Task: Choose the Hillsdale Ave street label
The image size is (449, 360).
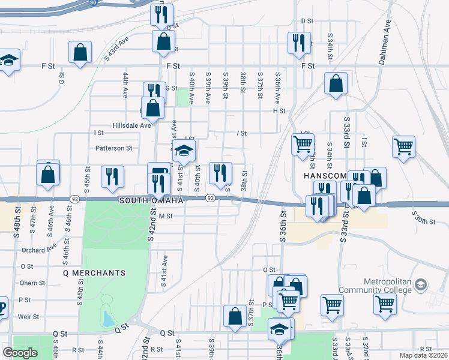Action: coord(131,125)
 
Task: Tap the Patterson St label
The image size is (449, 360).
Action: coord(113,148)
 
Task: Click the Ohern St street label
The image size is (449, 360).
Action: coord(32,283)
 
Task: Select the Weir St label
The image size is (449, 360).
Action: coord(29,316)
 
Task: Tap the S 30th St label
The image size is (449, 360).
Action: coord(423,217)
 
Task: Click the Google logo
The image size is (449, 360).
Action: coord(20,353)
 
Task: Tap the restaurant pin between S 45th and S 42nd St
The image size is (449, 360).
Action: coord(112,176)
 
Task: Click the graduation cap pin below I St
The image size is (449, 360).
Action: coord(185,150)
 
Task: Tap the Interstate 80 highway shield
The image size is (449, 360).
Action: coord(93,2)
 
